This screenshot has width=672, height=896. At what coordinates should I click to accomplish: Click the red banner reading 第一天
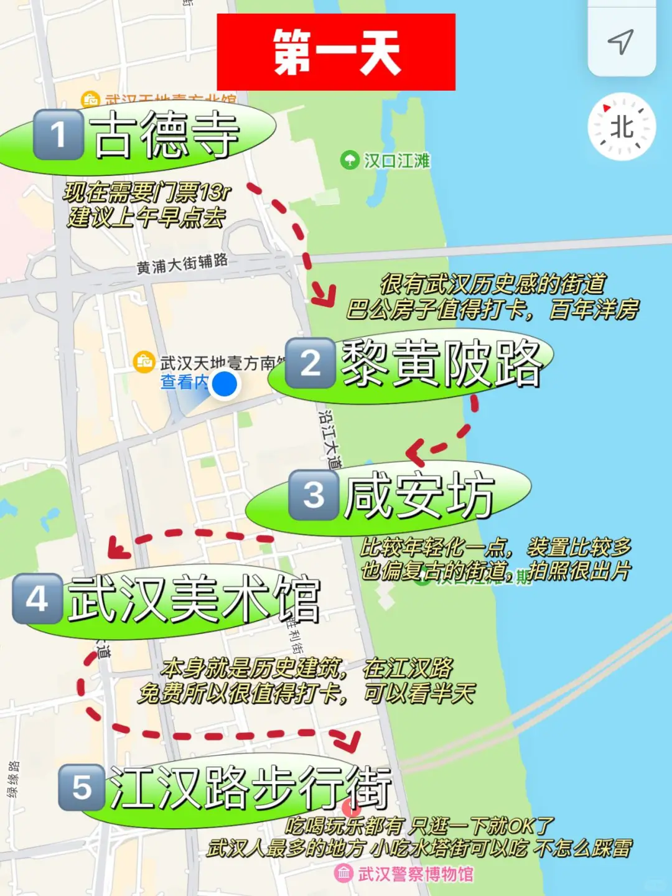click(x=336, y=52)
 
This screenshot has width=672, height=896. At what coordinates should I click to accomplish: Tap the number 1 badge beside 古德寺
click(x=58, y=134)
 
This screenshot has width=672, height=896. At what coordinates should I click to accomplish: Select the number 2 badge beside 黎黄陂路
click(x=310, y=363)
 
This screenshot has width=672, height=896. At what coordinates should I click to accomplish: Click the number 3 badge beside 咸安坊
click(x=314, y=495)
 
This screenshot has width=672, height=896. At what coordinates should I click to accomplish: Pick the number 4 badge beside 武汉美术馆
click(x=37, y=599)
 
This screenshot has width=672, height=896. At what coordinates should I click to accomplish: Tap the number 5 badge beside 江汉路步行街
click(x=82, y=788)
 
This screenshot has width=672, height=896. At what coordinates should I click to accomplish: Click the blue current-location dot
click(x=224, y=384)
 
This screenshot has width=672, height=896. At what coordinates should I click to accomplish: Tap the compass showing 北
click(x=622, y=127)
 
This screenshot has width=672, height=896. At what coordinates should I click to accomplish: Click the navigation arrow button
click(x=621, y=41)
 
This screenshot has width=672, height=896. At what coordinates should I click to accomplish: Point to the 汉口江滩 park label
click(x=396, y=161)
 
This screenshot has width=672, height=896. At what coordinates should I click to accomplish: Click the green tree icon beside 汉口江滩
click(x=350, y=161)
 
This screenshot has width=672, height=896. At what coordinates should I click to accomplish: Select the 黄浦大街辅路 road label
click(x=182, y=264)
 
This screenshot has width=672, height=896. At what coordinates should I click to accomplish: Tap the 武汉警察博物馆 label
click(x=415, y=874)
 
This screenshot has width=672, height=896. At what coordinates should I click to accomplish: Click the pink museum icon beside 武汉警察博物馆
click(x=343, y=874)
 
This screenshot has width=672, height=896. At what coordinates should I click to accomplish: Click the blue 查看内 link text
click(x=184, y=381)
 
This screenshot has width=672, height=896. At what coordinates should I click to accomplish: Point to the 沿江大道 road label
click(x=330, y=438)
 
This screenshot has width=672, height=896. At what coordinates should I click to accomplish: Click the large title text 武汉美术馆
click(x=194, y=599)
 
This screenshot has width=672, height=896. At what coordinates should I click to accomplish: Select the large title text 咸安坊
click(x=419, y=495)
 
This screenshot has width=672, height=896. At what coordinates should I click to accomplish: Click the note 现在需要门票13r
click(x=147, y=192)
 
